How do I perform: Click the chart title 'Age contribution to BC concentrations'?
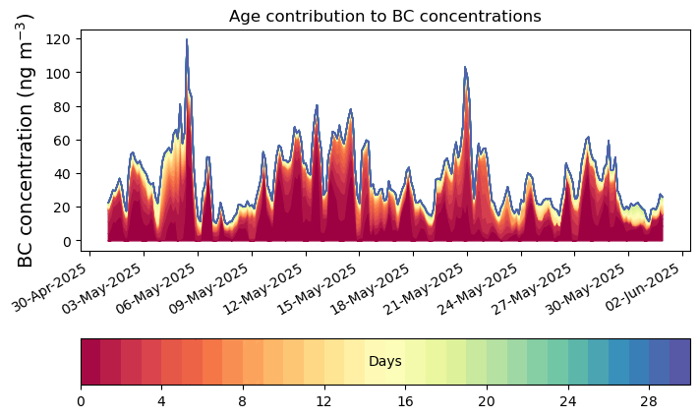[x=384, y=16]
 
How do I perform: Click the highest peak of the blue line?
[x=187, y=40]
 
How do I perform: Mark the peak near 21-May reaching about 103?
[x=465, y=68]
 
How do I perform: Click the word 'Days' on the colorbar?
[x=384, y=362]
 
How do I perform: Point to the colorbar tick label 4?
[x=161, y=401]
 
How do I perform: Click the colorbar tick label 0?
[x=81, y=401]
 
